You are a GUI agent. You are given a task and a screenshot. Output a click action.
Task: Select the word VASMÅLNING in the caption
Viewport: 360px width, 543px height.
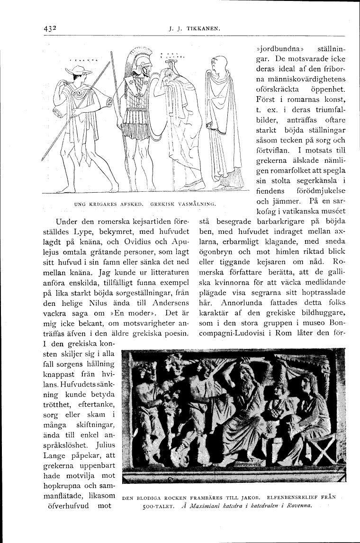tap(197, 204)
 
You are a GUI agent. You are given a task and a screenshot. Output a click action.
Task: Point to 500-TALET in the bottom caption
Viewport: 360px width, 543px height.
tap(159, 507)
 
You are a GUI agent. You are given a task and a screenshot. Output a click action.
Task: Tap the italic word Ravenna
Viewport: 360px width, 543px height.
tap(296, 507)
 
